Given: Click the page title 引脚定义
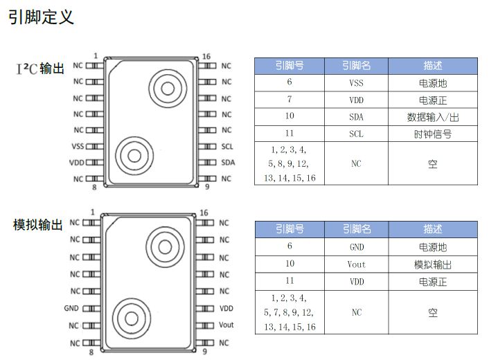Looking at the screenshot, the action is click(42, 17).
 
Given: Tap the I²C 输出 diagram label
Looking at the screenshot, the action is click(40, 69).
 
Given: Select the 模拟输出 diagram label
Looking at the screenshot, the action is click(38, 225).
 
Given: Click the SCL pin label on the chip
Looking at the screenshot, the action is click(227, 146).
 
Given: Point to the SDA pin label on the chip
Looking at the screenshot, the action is click(228, 163).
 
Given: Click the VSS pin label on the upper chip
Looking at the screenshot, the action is click(78, 146).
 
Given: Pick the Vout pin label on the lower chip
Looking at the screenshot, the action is click(226, 325).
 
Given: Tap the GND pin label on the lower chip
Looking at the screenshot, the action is click(71, 308).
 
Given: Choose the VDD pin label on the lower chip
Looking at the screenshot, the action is click(226, 308).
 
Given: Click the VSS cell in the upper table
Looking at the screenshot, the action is click(356, 83).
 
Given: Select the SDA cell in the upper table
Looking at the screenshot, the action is click(356, 117).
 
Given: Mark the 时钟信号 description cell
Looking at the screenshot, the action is click(433, 134).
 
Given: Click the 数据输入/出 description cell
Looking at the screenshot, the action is click(433, 117).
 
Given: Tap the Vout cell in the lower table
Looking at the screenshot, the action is click(356, 264).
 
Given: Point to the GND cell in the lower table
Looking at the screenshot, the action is click(357, 247).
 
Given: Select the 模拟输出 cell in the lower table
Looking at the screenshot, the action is click(433, 264).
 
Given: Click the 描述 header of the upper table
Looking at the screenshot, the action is click(433, 66).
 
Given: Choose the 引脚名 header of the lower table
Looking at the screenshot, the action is click(357, 229).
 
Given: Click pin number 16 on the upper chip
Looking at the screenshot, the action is click(206, 57).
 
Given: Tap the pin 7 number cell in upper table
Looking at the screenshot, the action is click(290, 100).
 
